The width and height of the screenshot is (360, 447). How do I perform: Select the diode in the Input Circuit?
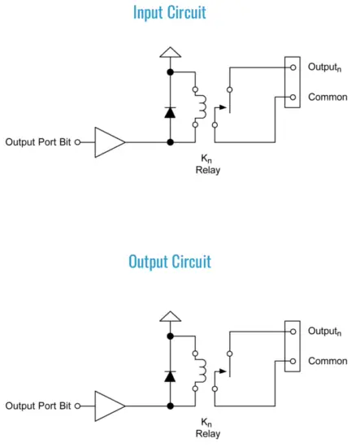[x=170, y=112]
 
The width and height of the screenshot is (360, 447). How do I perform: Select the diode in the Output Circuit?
[x=170, y=375]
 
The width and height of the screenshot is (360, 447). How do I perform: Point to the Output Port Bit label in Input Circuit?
[x=37, y=141]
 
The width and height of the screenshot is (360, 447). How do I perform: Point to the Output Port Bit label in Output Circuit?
[x=37, y=405]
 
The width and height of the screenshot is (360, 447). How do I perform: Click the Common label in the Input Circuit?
[x=327, y=97]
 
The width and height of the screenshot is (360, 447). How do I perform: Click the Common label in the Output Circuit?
[x=327, y=361]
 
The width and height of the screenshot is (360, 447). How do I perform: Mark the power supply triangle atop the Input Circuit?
[x=170, y=53]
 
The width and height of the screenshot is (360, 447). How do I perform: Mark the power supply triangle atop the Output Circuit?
[x=170, y=316]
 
